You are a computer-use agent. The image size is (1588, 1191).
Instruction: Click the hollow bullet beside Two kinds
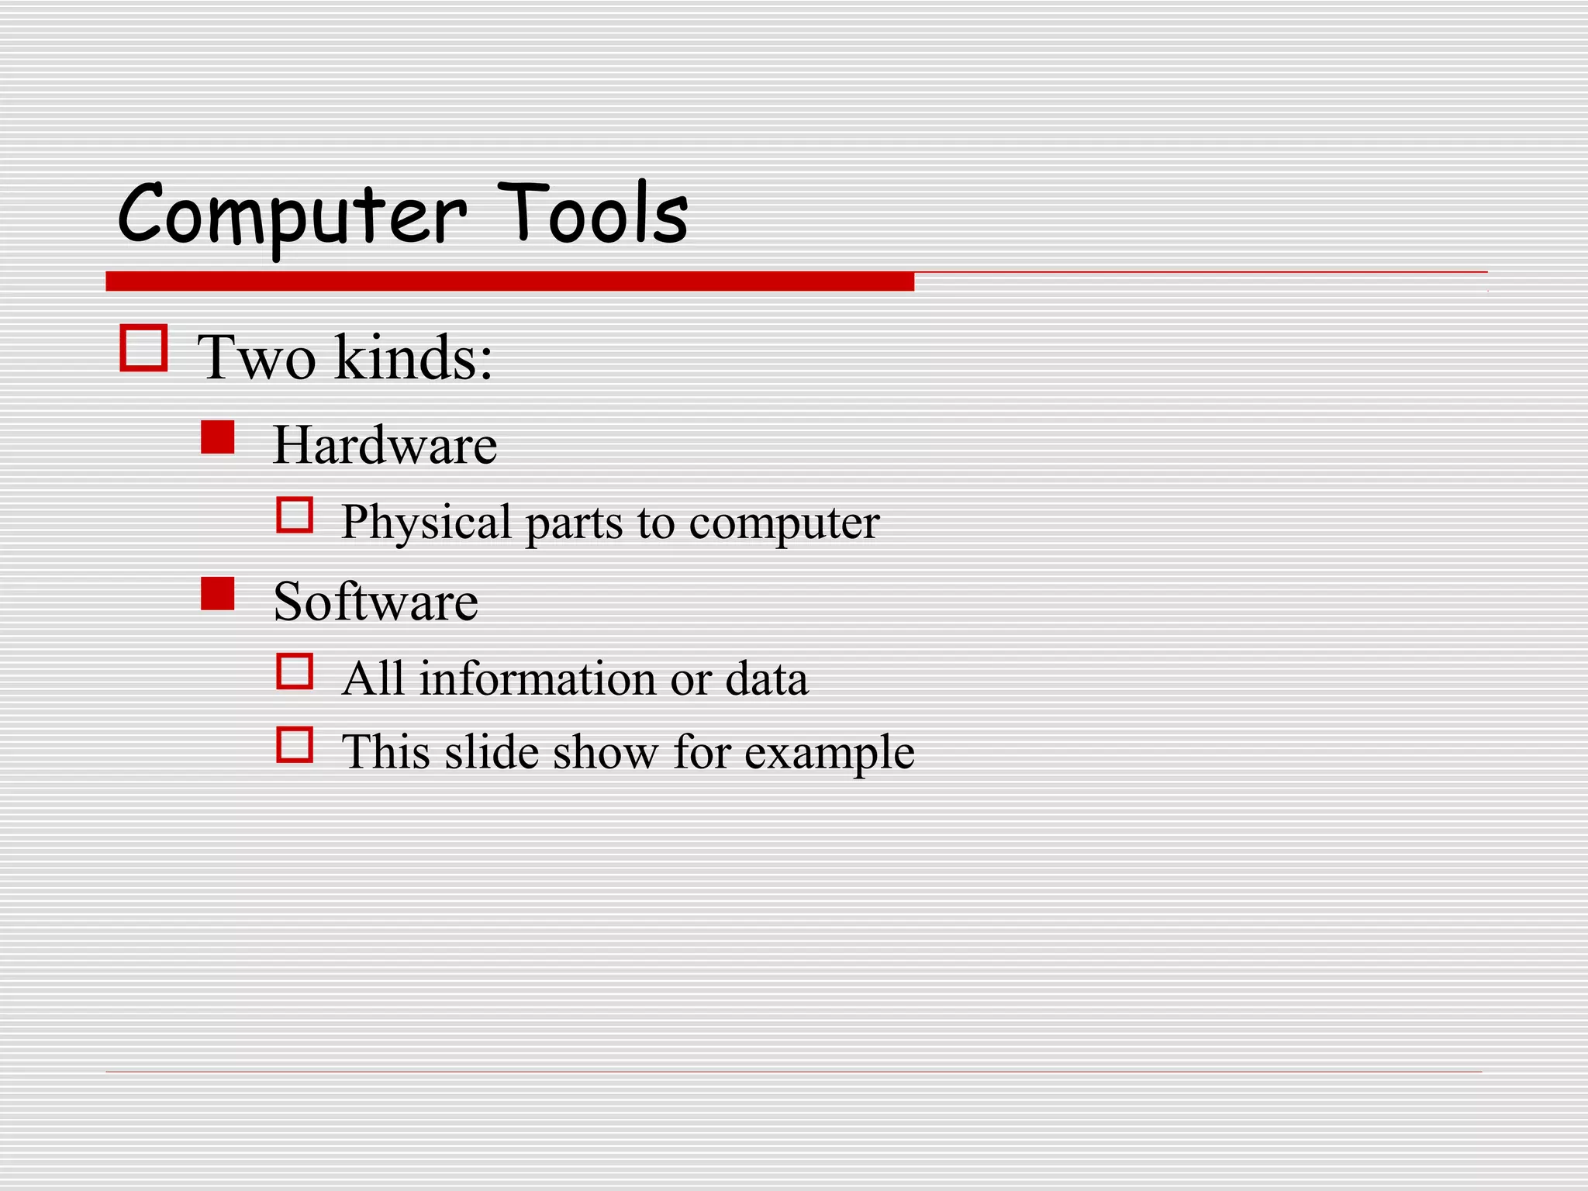click(x=143, y=348)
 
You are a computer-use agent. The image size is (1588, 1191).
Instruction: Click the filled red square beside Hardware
click(x=218, y=437)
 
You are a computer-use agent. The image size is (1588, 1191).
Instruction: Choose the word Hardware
click(x=385, y=445)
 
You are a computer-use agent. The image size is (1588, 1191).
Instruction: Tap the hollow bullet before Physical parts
click(x=295, y=515)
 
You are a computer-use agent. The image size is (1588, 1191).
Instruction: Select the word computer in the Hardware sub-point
click(x=784, y=523)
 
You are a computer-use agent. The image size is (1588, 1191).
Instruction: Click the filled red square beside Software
click(x=218, y=594)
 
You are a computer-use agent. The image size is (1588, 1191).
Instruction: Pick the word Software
click(x=376, y=602)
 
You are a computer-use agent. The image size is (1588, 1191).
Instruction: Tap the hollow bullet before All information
click(x=295, y=671)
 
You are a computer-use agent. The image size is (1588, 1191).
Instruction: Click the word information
click(x=537, y=679)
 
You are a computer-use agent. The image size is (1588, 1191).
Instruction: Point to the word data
click(x=767, y=679)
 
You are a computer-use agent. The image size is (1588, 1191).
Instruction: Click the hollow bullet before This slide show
click(x=295, y=745)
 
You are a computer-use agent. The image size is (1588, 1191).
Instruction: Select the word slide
click(x=492, y=752)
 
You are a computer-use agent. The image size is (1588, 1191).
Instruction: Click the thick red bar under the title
click(x=509, y=281)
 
